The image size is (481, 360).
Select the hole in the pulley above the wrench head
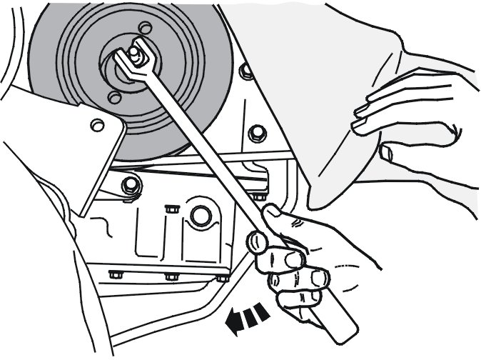(146, 29)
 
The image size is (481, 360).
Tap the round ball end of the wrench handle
(257, 242)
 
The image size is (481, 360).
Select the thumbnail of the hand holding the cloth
(386, 152)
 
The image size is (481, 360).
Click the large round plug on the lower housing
(199, 214)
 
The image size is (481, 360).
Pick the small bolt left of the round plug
(171, 209)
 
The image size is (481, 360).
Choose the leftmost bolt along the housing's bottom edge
(113, 274)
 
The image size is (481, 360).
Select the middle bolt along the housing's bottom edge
(170, 276)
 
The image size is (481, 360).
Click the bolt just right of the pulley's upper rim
(245, 71)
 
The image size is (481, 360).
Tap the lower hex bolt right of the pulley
(255, 134)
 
